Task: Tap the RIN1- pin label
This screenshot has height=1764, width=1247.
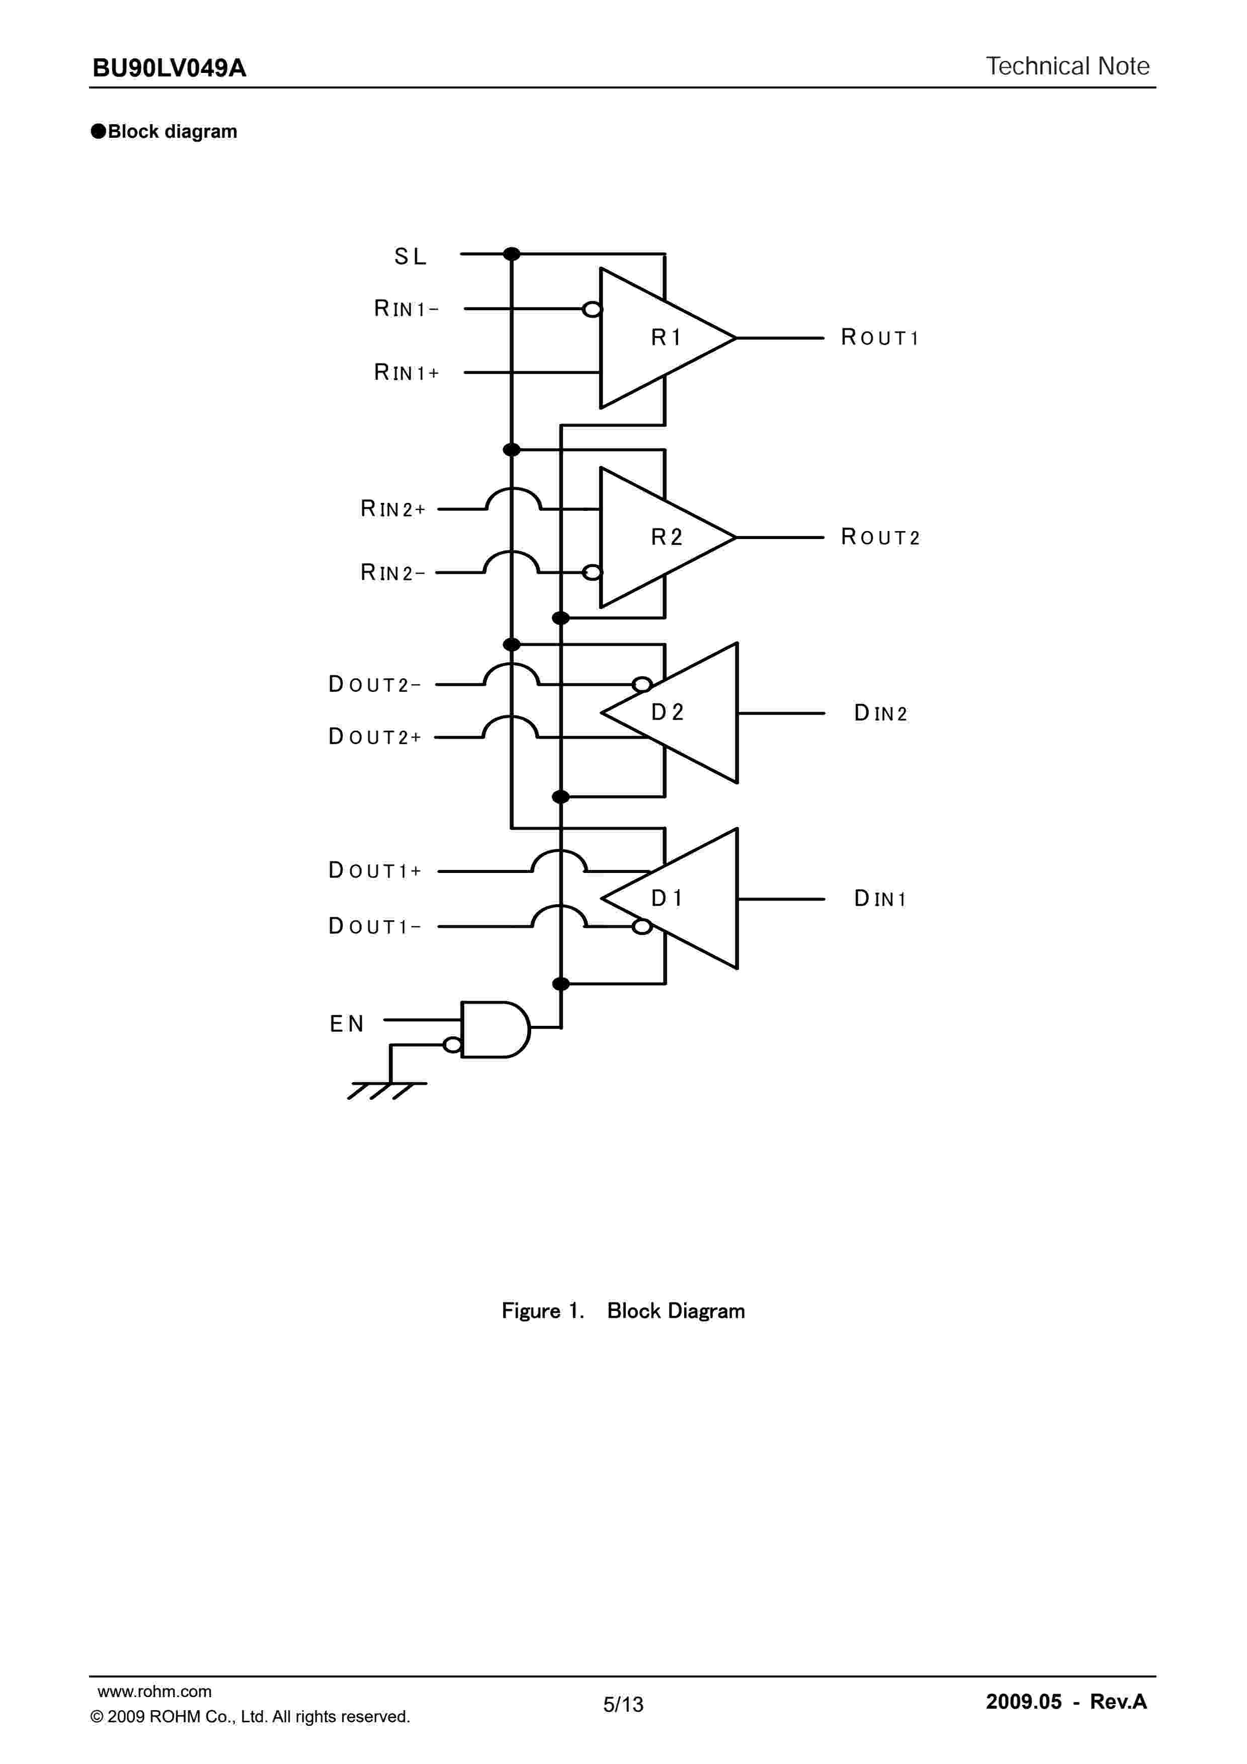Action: [x=405, y=309]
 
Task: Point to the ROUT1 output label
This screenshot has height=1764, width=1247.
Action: [x=880, y=337]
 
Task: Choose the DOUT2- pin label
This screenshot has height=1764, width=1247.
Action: [x=374, y=684]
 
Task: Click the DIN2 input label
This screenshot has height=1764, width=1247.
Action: [x=880, y=714]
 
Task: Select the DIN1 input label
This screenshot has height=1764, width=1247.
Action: [x=880, y=899]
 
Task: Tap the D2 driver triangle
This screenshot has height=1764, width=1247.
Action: [x=676, y=713]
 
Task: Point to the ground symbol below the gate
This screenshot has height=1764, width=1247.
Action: [x=386, y=1090]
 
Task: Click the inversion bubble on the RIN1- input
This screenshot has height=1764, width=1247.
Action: [x=592, y=310]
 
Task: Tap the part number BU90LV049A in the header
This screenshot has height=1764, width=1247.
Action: [x=169, y=68]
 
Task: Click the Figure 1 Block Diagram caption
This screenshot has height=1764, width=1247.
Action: [x=623, y=1311]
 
